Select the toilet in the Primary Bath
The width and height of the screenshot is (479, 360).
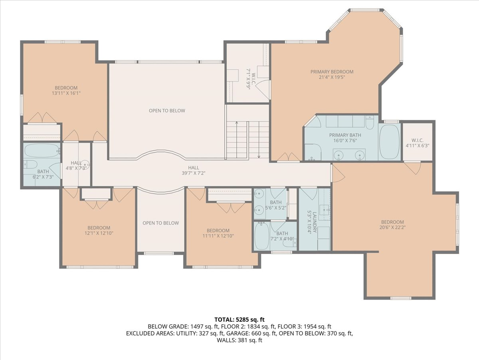click(x=370, y=122)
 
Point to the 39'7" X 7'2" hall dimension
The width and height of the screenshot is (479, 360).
click(x=194, y=173)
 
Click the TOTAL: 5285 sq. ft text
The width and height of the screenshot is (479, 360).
click(x=239, y=320)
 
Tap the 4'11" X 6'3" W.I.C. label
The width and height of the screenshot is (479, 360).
click(x=418, y=146)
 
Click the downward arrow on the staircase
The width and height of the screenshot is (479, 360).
click(x=259, y=140)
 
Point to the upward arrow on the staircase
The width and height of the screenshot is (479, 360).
click(x=237, y=140)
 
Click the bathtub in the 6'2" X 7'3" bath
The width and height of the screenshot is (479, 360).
click(x=42, y=151)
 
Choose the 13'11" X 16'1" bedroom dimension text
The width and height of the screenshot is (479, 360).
click(x=66, y=93)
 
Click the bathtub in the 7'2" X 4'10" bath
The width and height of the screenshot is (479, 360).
click(x=261, y=236)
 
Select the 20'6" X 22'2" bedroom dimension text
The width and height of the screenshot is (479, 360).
click(x=392, y=227)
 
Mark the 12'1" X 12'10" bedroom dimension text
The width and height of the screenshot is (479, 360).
click(x=99, y=233)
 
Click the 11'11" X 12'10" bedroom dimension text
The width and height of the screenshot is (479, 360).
click(x=218, y=236)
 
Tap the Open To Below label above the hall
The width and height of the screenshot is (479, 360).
click(x=167, y=111)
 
